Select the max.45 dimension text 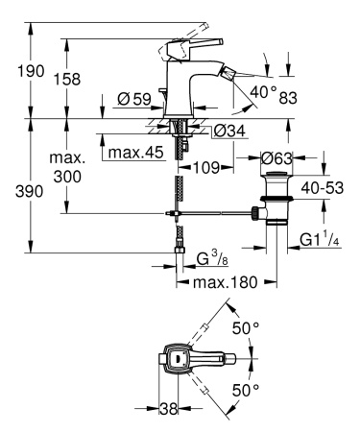tap(136, 152)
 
